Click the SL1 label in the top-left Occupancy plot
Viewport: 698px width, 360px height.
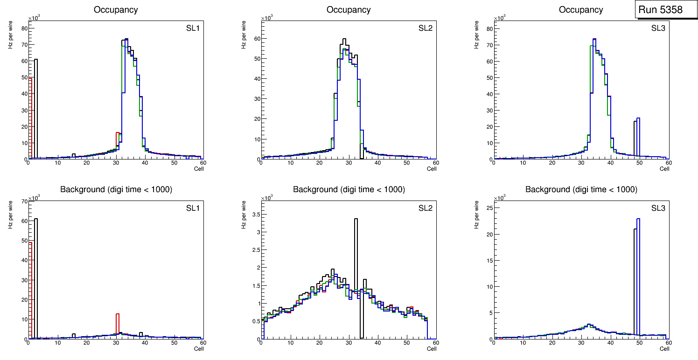193,28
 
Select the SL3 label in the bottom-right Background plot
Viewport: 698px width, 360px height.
658,208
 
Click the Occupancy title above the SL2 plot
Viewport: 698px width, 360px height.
349,10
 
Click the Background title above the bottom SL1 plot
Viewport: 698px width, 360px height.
116,189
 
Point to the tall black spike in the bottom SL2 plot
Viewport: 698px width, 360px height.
356,261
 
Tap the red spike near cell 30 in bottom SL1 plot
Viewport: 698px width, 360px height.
118,324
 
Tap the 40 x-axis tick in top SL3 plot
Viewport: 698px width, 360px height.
610,162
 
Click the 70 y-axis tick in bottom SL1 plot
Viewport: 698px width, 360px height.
23,201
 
